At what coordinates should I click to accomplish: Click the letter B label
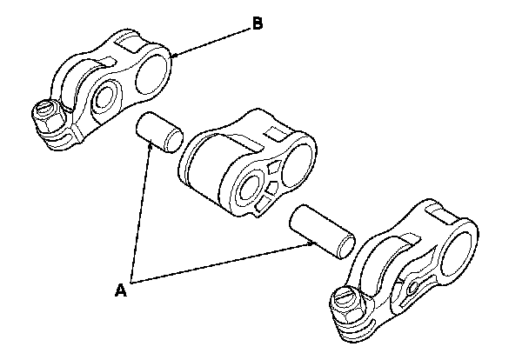click(256, 24)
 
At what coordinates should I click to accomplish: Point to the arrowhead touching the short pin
click(151, 148)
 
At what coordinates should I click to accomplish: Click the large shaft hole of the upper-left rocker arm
click(155, 69)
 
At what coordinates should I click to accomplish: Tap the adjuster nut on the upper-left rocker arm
click(45, 117)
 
